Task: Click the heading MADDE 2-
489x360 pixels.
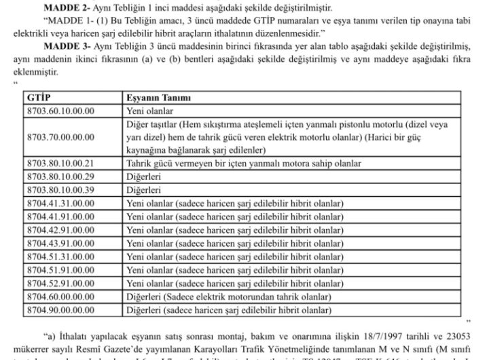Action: click(65, 8)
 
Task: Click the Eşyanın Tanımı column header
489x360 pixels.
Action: click(158, 98)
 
